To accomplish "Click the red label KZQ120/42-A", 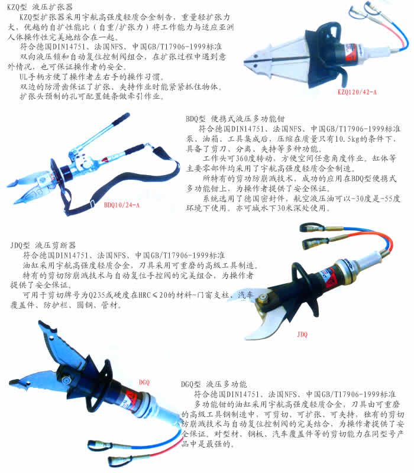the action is (357, 92).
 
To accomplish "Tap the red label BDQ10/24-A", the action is (122, 205).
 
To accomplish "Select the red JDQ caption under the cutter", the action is (302, 334).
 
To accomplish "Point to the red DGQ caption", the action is (144, 383).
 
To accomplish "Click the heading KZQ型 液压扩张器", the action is (40, 7).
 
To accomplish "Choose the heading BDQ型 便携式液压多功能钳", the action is (235, 119).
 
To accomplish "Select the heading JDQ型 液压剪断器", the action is (43, 245).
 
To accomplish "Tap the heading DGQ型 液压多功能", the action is (214, 384).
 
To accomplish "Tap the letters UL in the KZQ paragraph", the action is (24, 77).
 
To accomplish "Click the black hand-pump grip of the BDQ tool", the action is (121, 119).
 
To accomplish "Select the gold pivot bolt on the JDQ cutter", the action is (262, 299).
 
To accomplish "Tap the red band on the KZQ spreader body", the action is (350, 52).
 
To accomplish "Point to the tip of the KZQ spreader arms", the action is (245, 63).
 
